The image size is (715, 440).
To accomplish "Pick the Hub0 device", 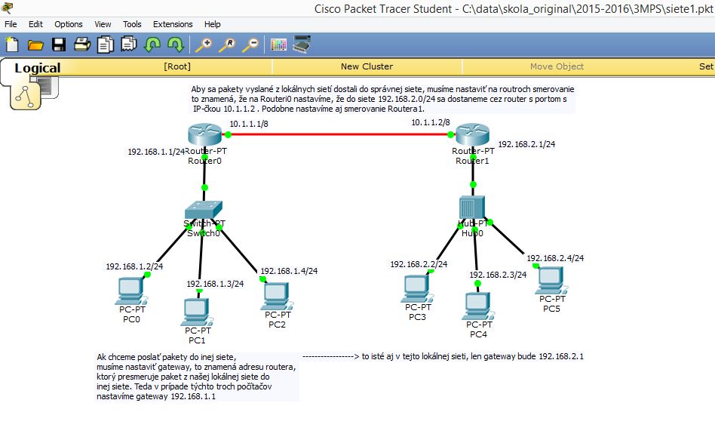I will [x=472, y=207].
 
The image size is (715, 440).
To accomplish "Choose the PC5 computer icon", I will [x=552, y=280].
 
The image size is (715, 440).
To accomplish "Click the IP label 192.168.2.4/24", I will [x=555, y=257].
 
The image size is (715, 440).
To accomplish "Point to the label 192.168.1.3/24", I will [x=215, y=284].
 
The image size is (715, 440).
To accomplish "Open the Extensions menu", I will [x=173, y=24].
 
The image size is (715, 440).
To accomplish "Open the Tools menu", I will [x=132, y=24].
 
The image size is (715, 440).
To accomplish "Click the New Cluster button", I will [x=367, y=66].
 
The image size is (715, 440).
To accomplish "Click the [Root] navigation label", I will [x=177, y=66].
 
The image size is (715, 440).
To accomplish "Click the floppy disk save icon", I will [x=58, y=45].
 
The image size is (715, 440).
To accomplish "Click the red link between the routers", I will [x=339, y=135].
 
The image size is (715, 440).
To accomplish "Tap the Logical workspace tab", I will [x=37, y=68].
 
